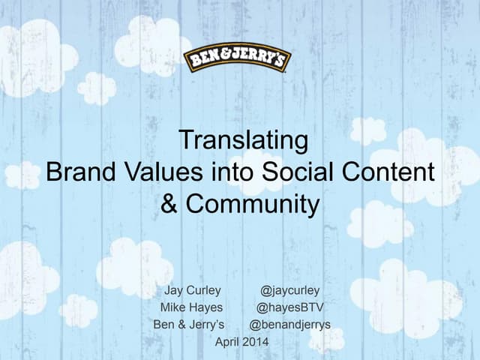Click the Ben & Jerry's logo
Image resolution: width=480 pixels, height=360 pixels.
pos(238,59)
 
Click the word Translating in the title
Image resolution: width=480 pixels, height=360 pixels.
pos(243,140)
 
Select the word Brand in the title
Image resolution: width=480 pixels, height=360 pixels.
pos(78,172)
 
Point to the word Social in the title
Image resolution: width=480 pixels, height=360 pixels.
pos(293,172)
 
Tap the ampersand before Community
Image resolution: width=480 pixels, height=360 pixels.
pos(169,205)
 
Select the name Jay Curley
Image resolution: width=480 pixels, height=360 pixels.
pos(193,290)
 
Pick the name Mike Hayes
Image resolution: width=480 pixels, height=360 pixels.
pos(190,307)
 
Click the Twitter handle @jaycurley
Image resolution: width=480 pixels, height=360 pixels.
pos(290,290)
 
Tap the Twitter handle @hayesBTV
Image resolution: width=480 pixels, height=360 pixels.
pos(290,307)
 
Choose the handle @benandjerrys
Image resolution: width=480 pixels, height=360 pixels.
pos(289,325)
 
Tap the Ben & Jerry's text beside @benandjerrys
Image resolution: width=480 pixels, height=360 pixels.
pos(189,325)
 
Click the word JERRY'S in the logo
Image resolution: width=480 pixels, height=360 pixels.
pos(262,59)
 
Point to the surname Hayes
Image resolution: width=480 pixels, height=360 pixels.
pos(206,307)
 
